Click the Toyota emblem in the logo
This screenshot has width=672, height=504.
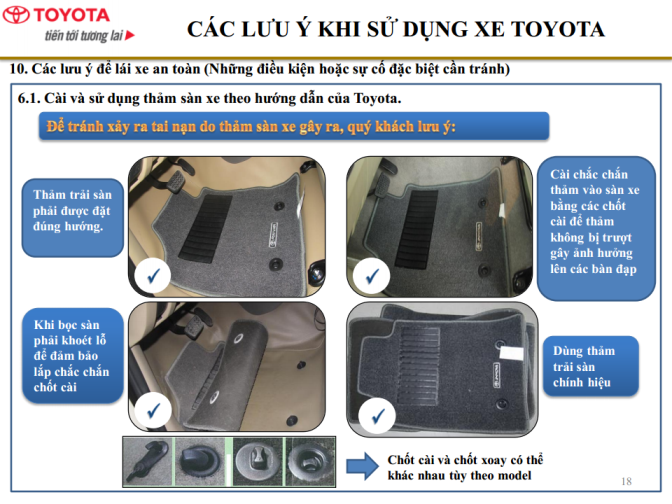tap(16, 15)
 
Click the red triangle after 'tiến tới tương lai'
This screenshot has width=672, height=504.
tap(130, 35)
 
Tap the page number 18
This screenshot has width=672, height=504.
tap(626, 481)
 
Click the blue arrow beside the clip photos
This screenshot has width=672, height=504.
tap(362, 466)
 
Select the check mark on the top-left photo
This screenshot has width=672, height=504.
tap(153, 276)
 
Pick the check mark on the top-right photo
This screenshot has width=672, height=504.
tap(372, 275)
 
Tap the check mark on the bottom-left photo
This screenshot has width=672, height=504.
tap(153, 410)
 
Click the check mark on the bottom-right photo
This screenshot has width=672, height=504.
tap(377, 415)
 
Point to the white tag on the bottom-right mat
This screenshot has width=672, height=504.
tap(512, 353)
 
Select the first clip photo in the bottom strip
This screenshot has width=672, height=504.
tap(148, 462)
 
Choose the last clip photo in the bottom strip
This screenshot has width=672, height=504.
tap(309, 462)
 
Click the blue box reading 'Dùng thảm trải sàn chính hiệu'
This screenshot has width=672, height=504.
tap(591, 366)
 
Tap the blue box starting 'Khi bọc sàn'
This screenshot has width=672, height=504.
tap(72, 355)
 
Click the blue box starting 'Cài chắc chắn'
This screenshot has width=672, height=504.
tap(596, 228)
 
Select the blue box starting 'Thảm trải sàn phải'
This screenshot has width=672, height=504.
tap(72, 218)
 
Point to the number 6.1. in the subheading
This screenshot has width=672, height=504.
tap(29, 98)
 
